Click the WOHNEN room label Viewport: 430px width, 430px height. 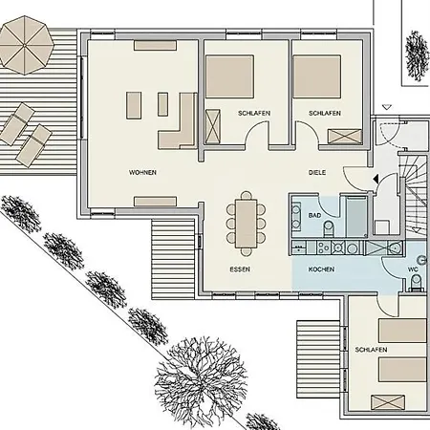142,173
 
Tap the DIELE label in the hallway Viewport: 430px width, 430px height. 317,173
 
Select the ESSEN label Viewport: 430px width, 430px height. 240,269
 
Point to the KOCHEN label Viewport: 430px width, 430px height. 321,269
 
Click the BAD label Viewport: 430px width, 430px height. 314,216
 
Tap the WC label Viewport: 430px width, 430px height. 413,269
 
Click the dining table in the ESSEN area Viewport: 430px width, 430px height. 246,224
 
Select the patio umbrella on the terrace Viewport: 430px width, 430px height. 26,45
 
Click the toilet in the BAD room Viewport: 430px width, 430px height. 329,228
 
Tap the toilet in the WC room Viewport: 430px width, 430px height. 416,283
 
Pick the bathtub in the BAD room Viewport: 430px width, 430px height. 356,217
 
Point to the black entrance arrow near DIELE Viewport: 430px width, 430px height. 376,179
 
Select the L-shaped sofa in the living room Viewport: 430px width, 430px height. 177,121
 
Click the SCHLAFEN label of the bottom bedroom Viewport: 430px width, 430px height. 371,350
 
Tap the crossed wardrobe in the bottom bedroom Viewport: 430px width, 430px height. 388,402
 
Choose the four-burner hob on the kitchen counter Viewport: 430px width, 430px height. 324,247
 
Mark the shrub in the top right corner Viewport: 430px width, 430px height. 417,55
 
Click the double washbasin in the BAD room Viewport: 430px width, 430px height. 296,217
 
